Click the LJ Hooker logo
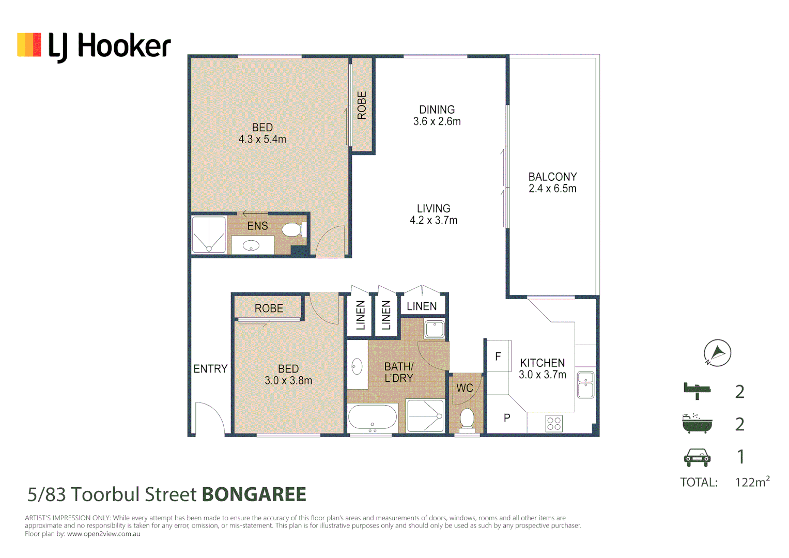click(94, 46)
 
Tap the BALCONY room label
click(552, 177)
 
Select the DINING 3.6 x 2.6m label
click(437, 116)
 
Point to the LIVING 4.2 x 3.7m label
click(434, 214)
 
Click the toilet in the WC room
click(467, 419)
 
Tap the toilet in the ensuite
click(293, 229)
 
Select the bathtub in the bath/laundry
click(373, 417)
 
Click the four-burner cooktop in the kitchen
click(554, 424)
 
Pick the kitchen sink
click(585, 385)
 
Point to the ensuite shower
click(209, 235)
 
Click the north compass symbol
click(717, 353)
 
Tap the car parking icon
click(697, 457)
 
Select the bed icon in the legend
click(697, 391)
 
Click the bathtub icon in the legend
click(697, 424)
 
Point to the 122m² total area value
click(752, 482)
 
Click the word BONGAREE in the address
click(254, 494)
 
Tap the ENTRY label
click(210, 369)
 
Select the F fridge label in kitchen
click(498, 356)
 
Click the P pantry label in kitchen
click(507, 418)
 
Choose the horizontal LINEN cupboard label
click(422, 306)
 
